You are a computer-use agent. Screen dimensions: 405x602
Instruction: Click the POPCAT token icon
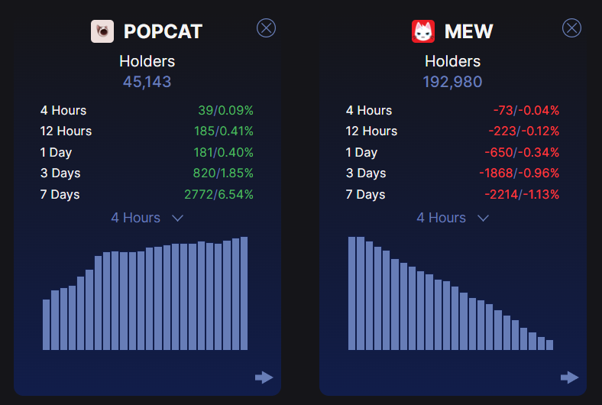click(102, 31)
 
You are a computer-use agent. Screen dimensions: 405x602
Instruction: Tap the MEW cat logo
click(423, 31)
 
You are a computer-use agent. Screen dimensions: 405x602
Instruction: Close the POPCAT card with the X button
click(266, 28)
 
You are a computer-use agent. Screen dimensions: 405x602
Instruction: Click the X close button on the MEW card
click(571, 28)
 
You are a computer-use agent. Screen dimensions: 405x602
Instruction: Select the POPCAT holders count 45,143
click(147, 82)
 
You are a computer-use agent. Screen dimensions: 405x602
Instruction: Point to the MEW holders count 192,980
click(452, 82)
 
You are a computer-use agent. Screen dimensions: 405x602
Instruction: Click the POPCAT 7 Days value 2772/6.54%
click(218, 194)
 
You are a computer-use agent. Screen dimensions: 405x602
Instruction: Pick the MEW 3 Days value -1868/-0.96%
click(519, 173)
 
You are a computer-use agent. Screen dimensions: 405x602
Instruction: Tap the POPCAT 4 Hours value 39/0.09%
click(225, 111)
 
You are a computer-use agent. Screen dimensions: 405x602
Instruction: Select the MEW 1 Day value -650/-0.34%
click(522, 152)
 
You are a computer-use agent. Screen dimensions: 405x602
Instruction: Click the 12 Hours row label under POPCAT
click(66, 131)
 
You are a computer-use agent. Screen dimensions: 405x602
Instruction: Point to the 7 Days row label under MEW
click(365, 194)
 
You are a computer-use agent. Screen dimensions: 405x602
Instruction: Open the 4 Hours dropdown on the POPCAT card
click(147, 218)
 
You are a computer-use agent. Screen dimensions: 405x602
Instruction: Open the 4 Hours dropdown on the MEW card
click(452, 218)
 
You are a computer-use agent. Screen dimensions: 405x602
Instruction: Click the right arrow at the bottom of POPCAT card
click(264, 377)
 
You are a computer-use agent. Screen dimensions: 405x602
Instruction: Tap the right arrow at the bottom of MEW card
click(569, 377)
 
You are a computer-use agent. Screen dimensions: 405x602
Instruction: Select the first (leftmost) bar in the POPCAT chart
click(47, 325)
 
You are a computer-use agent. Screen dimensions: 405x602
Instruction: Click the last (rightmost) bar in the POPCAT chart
click(244, 293)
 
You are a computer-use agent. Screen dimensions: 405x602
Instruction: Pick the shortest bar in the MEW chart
click(549, 345)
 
